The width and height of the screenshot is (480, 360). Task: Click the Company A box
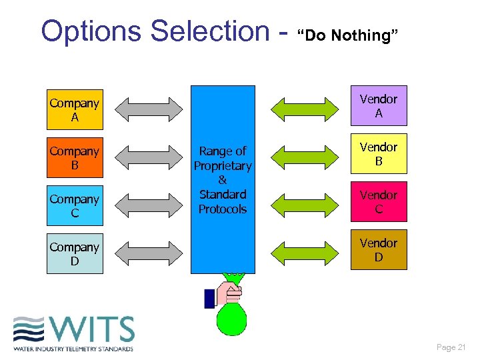pyautogui.click(x=75, y=110)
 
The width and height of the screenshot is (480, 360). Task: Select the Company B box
pyautogui.click(x=75, y=158)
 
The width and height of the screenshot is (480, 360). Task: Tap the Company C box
pyautogui.click(x=75, y=206)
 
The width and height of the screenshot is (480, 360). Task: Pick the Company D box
pyautogui.click(x=75, y=254)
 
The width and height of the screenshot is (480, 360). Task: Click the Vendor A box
pyautogui.click(x=378, y=106)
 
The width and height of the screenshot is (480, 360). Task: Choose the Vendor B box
pyautogui.click(x=378, y=154)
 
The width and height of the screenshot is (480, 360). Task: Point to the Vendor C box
pyautogui.click(x=378, y=202)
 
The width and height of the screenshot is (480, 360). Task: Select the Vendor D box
pyautogui.click(x=378, y=250)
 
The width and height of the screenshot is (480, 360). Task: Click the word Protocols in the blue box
pyautogui.click(x=223, y=209)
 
